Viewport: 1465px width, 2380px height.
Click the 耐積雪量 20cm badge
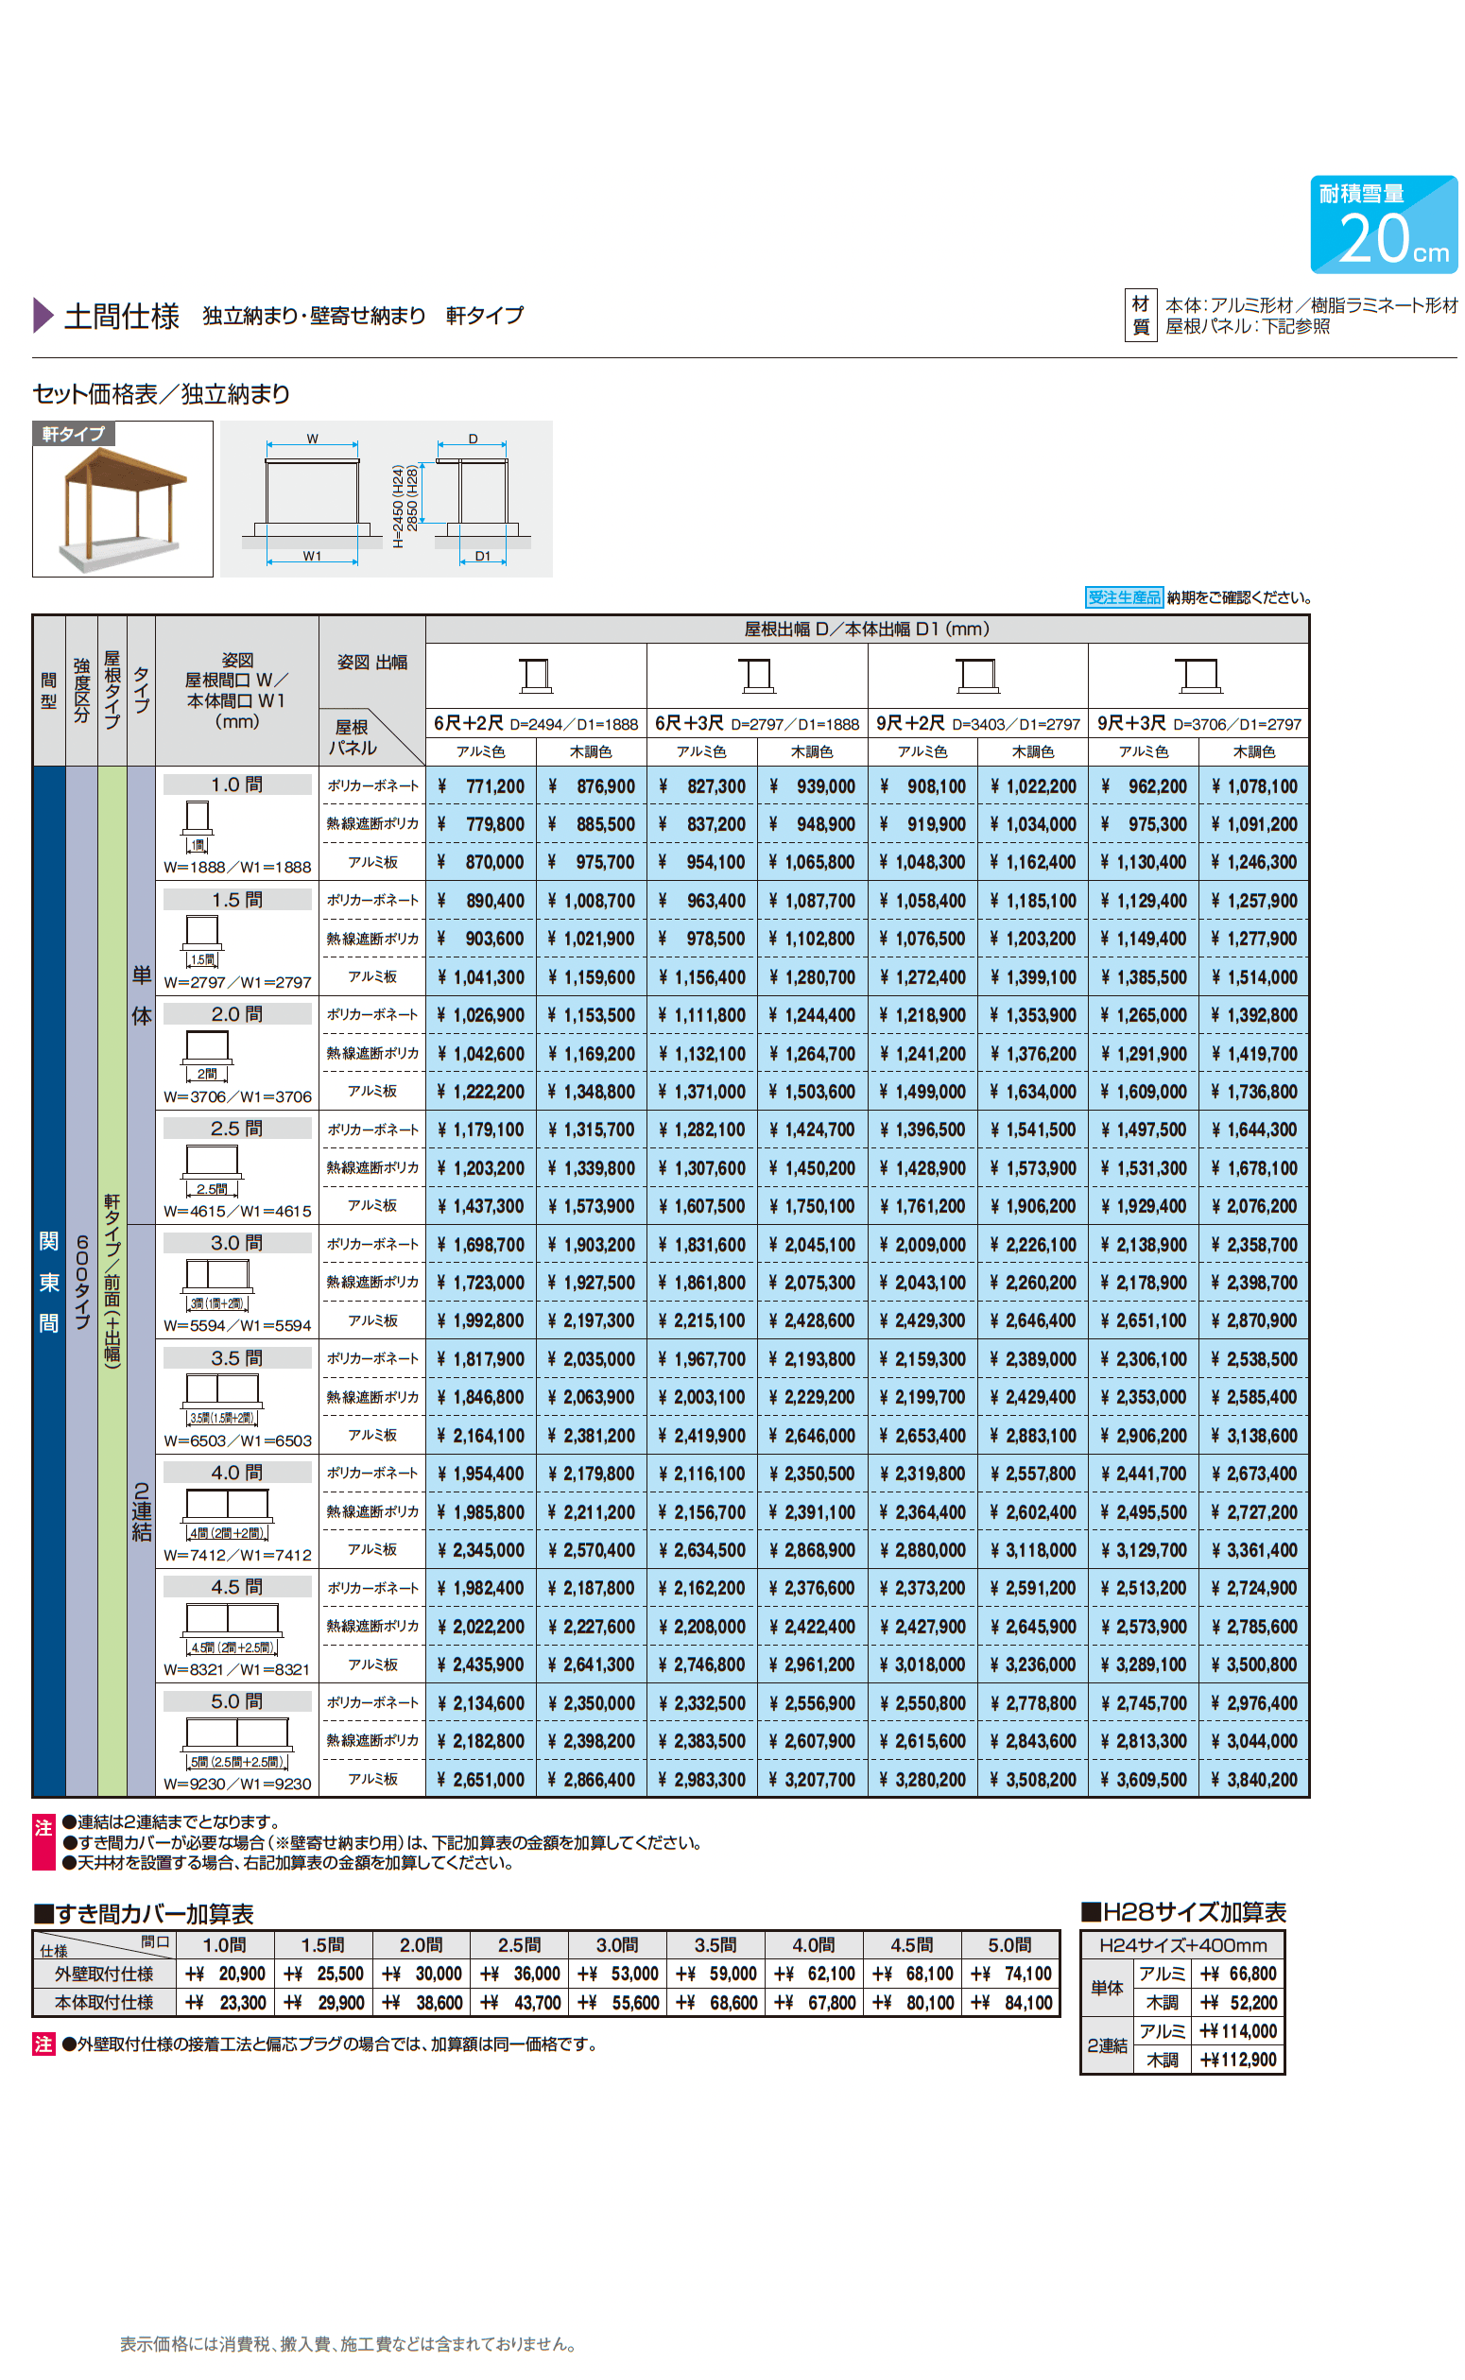[1383, 224]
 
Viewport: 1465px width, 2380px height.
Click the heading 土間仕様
[121, 316]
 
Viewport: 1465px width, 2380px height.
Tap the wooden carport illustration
[123, 499]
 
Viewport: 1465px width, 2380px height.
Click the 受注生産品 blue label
[1123, 597]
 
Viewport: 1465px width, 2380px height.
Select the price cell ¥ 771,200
[481, 786]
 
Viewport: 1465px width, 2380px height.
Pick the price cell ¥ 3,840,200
[1254, 1780]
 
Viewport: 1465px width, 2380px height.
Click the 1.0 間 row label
[236, 785]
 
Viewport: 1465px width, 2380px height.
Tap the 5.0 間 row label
[236, 1701]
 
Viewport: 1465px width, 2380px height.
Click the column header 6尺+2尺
[468, 724]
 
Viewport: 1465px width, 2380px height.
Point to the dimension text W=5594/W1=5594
[237, 1325]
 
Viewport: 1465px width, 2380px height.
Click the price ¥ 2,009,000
[923, 1245]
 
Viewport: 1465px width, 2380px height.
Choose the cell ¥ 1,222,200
[481, 1092]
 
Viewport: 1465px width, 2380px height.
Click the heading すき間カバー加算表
[145, 1914]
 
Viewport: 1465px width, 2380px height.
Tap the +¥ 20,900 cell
[226, 1975]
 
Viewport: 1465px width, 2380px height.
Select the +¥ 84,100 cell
[1011, 2002]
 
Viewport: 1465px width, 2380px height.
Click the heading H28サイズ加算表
[1184, 1912]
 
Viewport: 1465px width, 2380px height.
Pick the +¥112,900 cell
[1238, 2060]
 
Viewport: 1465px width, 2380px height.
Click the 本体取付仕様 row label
[104, 2002]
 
